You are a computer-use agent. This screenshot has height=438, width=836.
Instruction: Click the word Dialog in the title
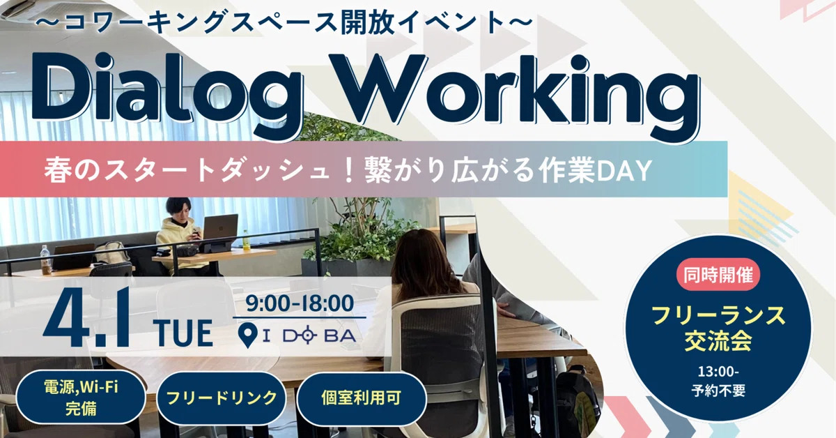point(166,93)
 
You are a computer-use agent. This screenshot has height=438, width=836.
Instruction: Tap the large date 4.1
point(87,319)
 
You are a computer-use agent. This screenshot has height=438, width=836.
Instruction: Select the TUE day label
point(183,333)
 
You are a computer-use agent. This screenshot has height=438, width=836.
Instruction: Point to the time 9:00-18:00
point(300,303)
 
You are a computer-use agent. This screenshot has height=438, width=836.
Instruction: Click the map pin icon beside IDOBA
point(247,335)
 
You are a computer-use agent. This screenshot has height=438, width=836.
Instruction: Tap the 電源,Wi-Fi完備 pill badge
point(81,398)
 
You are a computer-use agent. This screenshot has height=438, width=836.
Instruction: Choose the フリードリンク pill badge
point(222,398)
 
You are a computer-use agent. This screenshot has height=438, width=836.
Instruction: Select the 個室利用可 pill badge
point(362,398)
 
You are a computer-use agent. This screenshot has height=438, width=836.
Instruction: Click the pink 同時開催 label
point(718,275)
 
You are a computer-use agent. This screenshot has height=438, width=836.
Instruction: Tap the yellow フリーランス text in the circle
point(718,316)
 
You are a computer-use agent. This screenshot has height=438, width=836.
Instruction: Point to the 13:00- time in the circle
point(718,372)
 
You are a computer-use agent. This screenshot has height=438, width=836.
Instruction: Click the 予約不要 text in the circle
point(718,391)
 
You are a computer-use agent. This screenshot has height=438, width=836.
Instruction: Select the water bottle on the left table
point(45,259)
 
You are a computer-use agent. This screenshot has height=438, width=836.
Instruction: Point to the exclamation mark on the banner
point(349,170)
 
